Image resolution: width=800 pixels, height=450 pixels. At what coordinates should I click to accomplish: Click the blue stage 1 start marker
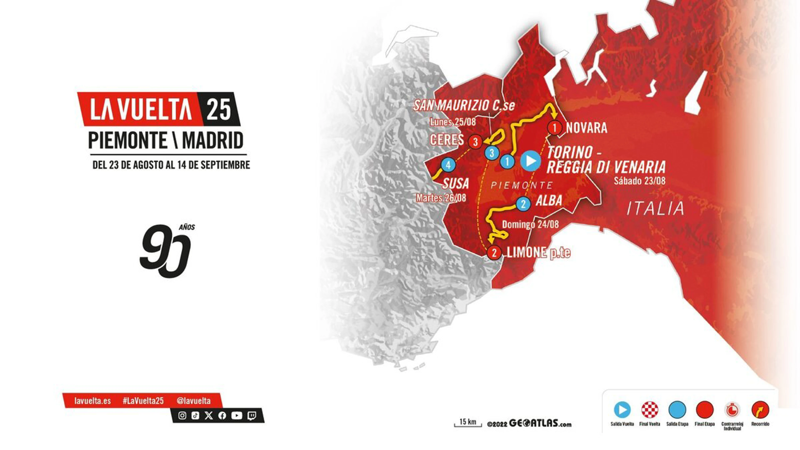507,161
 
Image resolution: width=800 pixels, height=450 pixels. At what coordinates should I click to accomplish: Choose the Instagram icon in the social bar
182,416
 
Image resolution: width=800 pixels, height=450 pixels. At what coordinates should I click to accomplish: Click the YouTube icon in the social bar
237,416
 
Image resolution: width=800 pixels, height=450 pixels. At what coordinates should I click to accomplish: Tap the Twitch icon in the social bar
251,416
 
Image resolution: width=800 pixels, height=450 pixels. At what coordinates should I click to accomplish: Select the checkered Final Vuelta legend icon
650,410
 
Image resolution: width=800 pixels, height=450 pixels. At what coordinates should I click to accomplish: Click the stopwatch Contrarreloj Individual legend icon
732,410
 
